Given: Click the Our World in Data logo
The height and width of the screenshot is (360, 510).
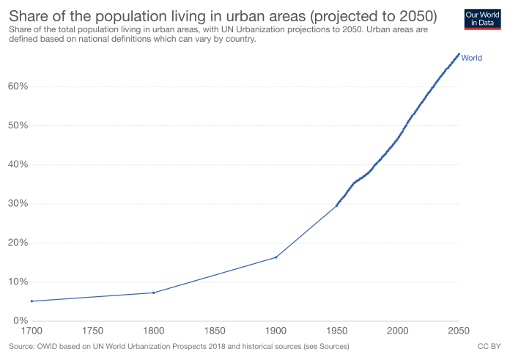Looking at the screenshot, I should [482, 19].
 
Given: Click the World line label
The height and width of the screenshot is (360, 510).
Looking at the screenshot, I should [471, 57].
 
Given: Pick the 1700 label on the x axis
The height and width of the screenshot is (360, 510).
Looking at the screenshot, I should [32, 331].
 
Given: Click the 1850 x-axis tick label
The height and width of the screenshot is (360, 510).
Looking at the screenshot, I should [215, 331].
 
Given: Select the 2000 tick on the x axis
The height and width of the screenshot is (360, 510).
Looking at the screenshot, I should [398, 331].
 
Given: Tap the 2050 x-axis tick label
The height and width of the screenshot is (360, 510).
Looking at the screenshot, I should [459, 331].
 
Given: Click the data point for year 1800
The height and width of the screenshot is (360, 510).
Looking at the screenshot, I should [153, 293].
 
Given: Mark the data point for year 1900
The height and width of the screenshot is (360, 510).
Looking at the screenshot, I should [276, 257].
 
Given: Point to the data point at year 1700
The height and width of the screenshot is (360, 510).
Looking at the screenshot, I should [32, 301].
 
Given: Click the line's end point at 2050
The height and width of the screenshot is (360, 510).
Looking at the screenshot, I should [459, 54].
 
